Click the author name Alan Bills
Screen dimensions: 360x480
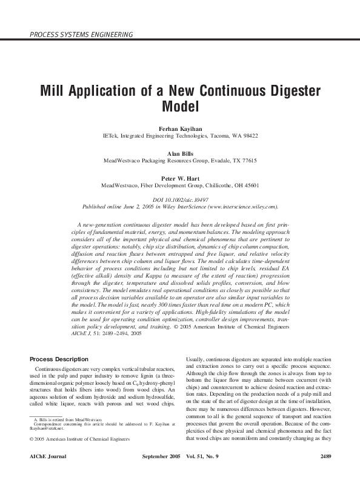[180, 154]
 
